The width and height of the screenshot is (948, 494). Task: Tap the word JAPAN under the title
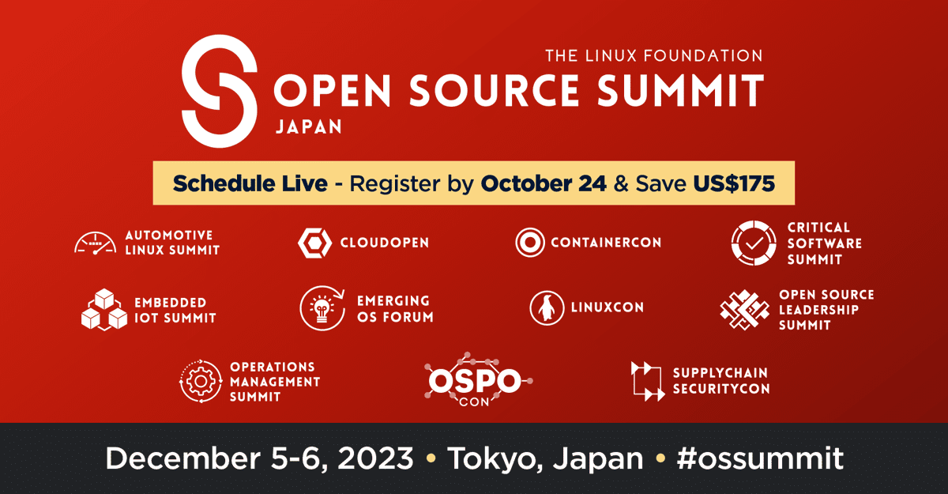[309, 126]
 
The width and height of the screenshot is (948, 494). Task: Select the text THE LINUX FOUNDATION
[654, 56]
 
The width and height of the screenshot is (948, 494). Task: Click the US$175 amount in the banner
[734, 183]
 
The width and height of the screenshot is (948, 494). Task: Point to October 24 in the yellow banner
[544, 183]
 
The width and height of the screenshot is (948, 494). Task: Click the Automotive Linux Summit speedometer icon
[96, 243]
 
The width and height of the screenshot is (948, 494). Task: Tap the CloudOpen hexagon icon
[315, 243]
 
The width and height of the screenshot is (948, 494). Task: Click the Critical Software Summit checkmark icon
[754, 243]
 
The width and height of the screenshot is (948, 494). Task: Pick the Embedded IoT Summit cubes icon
[104, 309]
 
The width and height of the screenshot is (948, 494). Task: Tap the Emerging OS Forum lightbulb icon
[322, 308]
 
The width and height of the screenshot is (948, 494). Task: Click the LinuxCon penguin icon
[547, 307]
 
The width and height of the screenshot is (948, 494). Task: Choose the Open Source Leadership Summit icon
[745, 310]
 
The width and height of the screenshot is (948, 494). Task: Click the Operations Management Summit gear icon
[201, 382]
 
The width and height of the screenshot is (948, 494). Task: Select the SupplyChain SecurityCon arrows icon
[648, 381]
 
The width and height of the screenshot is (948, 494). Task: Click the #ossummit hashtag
[760, 458]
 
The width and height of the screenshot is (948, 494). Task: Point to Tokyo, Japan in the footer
[546, 459]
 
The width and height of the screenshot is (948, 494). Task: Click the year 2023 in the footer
[375, 458]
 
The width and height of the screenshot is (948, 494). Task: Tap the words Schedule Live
[250, 183]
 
